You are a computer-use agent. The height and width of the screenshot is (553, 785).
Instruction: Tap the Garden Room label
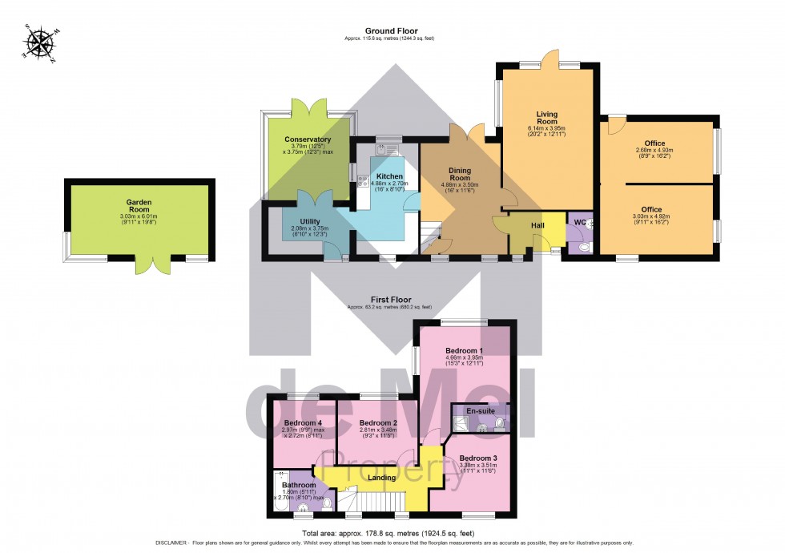(139, 204)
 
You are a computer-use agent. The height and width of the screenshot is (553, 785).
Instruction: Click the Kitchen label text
(389, 176)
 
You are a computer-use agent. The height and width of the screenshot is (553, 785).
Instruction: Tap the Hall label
(537, 226)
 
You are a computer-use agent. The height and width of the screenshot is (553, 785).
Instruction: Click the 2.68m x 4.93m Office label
(654, 143)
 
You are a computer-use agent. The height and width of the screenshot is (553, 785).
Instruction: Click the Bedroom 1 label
(464, 352)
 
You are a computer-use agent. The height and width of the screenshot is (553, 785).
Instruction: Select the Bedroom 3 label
(477, 459)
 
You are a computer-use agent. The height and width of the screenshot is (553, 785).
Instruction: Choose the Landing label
(381, 478)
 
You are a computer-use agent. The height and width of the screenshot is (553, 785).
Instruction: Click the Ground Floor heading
(392, 31)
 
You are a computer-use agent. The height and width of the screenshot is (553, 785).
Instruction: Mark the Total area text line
(392, 533)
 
